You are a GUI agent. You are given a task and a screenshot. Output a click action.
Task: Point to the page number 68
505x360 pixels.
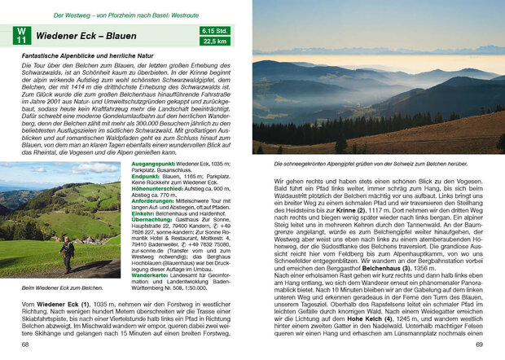coord(25,345)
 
